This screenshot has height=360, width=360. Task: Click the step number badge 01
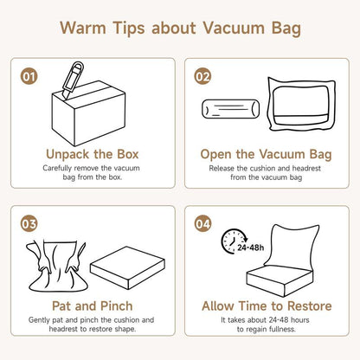[x=29, y=76]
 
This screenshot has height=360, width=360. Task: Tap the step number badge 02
[x=202, y=76]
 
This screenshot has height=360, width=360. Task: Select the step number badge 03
[x=29, y=224]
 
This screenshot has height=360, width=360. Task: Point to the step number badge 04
[x=202, y=224]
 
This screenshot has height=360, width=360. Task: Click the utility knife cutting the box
[x=73, y=80]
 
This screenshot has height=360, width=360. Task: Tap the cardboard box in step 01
[x=88, y=113]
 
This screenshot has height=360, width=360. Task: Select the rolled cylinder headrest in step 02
[x=230, y=109]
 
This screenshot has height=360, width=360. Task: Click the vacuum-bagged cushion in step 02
[x=301, y=104]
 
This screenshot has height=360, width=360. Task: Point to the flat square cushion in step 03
[x=127, y=267]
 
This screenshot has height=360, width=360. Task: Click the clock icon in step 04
[x=232, y=241]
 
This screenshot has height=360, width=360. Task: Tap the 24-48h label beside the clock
[x=250, y=247]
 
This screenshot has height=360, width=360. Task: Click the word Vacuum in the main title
[x=233, y=28]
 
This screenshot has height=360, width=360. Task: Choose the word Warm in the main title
[x=83, y=28]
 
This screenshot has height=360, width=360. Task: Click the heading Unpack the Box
[x=93, y=154]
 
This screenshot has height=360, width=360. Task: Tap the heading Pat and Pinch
[x=93, y=306]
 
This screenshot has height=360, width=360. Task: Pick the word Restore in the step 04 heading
[x=310, y=306]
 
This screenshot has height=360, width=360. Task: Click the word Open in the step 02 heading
[x=216, y=154]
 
